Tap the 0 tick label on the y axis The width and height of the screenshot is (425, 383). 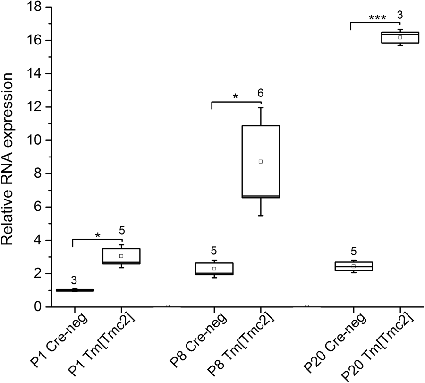pos(38,307)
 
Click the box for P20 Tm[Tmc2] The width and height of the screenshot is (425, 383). pos(400,37)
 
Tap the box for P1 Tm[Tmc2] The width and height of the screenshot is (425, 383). pos(121,256)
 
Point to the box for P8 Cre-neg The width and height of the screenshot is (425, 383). pos(214,269)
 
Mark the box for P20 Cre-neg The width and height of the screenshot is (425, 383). pos(353,266)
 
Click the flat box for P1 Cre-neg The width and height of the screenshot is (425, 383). pos(75,290)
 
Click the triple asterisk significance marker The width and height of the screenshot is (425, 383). pos(378,18)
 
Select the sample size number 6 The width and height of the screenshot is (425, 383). pos(261,93)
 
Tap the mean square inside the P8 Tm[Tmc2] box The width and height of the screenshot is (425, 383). pos(261,162)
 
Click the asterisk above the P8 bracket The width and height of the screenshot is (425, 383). pos(236,97)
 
